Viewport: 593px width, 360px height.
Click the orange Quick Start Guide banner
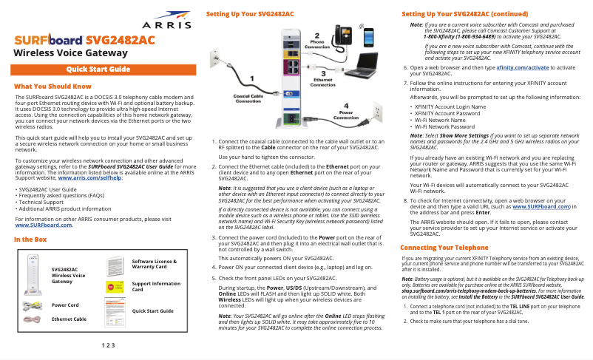tap(98, 69)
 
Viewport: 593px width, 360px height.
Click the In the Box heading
tap(30, 240)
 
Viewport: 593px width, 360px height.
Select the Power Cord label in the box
tap(65, 305)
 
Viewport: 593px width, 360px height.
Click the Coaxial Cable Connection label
tap(249, 98)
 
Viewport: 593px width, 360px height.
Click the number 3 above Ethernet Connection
tap(323, 72)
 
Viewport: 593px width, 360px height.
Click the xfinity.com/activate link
tap(524, 67)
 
